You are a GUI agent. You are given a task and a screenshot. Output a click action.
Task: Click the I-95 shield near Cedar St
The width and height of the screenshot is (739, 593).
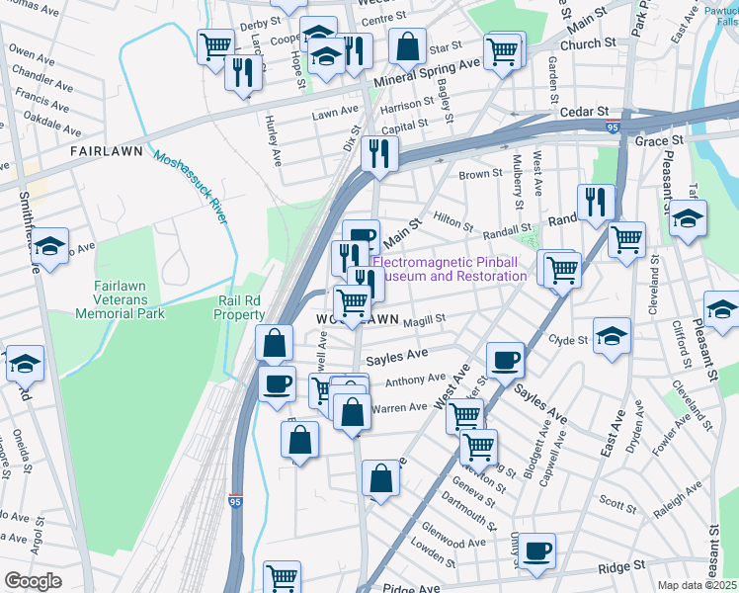(613, 127)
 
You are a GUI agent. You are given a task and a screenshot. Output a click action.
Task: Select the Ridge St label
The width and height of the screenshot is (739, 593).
(620, 567)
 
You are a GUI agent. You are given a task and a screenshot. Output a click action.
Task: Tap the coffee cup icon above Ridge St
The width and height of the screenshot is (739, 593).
(537, 550)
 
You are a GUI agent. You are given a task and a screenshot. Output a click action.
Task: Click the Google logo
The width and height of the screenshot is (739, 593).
(34, 581)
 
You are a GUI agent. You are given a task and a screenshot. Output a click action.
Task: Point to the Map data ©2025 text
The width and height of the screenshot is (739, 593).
(698, 585)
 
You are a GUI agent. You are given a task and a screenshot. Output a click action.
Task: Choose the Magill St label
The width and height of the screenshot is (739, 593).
(425, 318)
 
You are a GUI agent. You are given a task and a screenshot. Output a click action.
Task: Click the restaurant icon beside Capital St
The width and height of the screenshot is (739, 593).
(378, 152)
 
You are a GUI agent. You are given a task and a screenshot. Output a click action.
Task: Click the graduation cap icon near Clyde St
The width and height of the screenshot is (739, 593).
(612, 334)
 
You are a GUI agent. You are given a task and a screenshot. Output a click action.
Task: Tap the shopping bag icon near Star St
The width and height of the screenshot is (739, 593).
(407, 44)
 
